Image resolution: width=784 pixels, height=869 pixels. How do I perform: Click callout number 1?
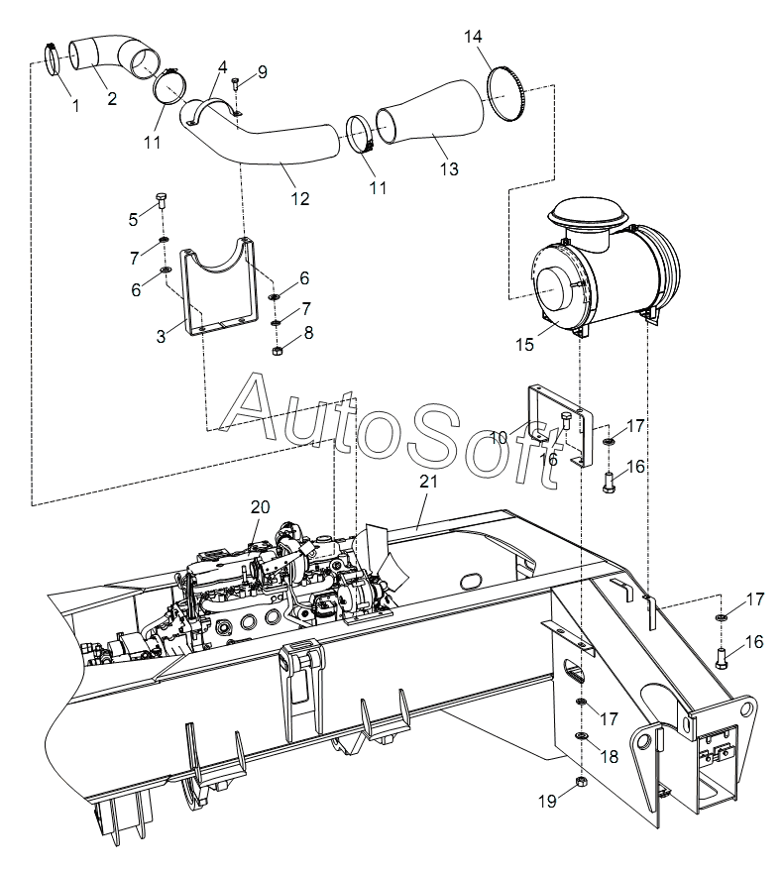pos(76,106)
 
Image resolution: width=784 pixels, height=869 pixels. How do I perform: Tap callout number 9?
pos(262,72)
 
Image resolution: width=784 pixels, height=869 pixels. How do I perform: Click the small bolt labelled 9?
pos(235,84)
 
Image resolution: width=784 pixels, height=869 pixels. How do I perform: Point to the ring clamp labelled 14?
pos(505,93)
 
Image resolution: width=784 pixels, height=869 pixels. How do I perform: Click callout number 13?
pos(449,168)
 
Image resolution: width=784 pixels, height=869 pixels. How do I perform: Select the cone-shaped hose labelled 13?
pos(430,114)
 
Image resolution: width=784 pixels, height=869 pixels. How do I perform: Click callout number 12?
pos(300,198)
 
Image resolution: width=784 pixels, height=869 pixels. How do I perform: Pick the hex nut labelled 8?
pos(279,350)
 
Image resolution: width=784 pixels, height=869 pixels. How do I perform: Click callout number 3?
pos(161,337)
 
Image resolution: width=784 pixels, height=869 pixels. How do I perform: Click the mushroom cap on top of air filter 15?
pos(589,213)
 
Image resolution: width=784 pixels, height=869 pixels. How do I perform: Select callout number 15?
pos(524,344)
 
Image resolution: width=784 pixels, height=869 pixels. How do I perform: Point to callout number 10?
pos(498,438)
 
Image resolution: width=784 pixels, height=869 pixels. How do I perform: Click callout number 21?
pos(428,481)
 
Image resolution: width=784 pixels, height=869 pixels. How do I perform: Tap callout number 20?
pos(260,507)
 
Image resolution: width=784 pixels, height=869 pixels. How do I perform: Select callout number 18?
pos(610,756)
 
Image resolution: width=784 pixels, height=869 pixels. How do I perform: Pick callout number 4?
pos(222,67)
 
